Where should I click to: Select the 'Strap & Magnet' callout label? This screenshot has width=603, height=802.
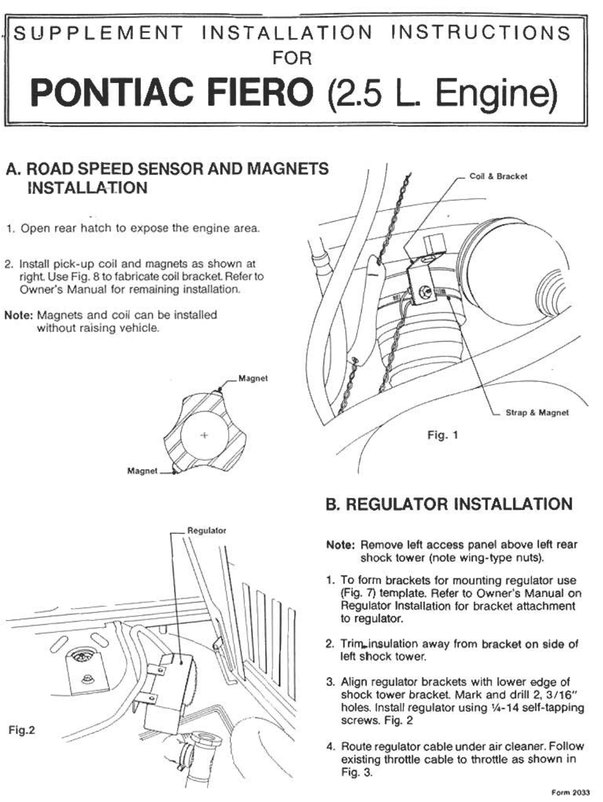pos(537,412)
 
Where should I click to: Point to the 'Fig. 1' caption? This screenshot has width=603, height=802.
pos(443,435)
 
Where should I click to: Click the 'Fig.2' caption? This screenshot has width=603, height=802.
pos(22,730)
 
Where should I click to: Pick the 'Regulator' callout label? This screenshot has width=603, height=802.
pos(206,530)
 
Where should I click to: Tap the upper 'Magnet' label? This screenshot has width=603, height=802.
pos(253,378)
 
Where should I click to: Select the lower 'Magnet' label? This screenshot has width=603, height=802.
pos(142,471)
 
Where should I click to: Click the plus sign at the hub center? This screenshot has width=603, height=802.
pos(204,435)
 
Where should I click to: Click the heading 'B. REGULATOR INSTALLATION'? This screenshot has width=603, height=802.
pos(449,504)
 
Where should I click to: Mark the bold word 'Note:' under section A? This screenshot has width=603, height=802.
pos(19,315)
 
